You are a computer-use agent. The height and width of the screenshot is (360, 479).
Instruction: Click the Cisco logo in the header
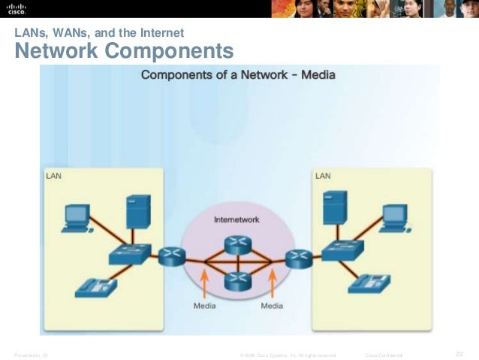tap(17, 10)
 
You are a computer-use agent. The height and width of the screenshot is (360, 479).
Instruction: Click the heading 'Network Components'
tap(124, 52)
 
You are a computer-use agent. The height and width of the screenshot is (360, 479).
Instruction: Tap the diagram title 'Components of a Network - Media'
tap(238, 75)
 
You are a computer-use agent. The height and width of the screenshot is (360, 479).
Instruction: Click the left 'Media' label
tap(205, 306)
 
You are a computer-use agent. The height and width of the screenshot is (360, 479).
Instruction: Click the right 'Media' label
tap(272, 306)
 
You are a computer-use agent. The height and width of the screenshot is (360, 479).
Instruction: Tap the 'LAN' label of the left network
tap(54, 177)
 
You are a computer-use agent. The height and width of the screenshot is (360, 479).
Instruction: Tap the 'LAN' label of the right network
tap(323, 176)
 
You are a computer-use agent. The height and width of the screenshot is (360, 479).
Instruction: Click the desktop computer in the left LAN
tap(76, 216)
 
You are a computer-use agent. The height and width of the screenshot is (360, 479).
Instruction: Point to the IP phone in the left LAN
tap(96, 286)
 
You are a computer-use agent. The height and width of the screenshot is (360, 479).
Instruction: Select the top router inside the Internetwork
tap(238, 244)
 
